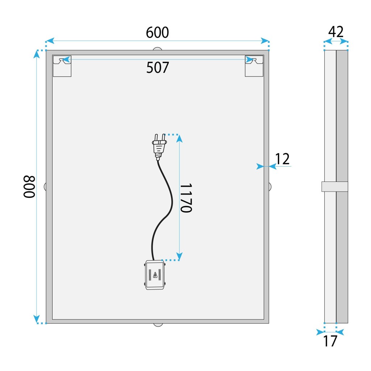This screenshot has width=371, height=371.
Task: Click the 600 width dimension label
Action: click(x=157, y=32)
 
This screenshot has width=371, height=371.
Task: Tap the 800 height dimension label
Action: click(x=29, y=187)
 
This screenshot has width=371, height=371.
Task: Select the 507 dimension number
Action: click(x=158, y=67)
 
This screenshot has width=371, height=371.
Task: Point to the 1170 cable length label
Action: click(x=186, y=198)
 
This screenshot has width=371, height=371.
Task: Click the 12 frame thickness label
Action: click(x=282, y=159)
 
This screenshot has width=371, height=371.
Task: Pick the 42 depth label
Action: click(x=336, y=32)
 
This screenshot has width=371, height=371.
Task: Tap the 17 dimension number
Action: click(x=330, y=341)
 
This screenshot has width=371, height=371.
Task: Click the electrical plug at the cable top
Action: click(x=159, y=147)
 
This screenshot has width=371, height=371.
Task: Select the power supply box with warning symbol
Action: click(x=155, y=275)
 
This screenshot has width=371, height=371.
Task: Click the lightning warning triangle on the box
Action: click(x=155, y=275)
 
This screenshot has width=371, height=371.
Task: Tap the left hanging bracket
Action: click(x=62, y=66)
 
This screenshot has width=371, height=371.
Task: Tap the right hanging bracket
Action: click(x=254, y=66)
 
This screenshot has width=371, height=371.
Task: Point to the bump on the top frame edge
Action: click(x=158, y=49)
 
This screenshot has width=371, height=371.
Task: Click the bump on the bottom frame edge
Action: click(x=158, y=325)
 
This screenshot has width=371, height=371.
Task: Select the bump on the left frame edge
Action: click(x=45, y=187)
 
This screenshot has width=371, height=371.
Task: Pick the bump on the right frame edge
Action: click(x=270, y=187)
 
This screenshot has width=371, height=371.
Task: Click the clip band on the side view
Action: click(x=334, y=187)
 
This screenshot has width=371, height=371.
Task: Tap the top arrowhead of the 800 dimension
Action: click(x=37, y=54)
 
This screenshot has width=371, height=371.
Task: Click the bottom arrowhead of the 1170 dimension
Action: click(x=179, y=257)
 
